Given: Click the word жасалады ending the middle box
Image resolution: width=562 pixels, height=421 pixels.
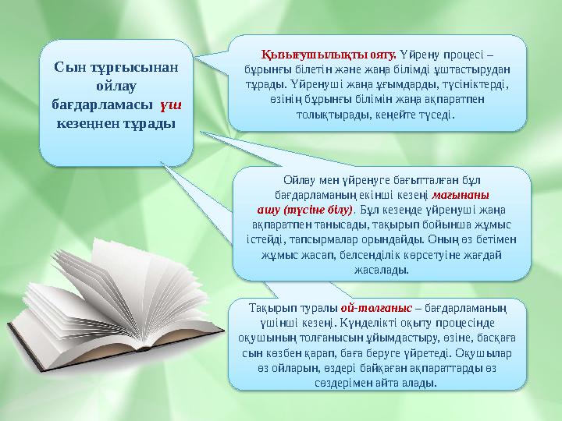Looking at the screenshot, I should (382, 270).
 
